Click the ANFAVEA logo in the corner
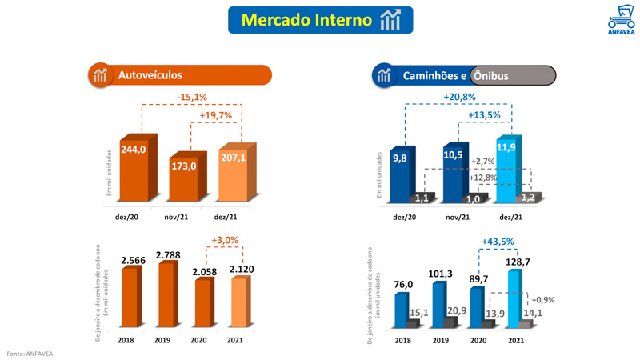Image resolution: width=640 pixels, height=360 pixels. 621,20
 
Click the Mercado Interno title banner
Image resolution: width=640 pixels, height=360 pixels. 320,20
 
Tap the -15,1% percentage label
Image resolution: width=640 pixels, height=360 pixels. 192,97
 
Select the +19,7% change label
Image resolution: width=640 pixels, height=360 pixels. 215,115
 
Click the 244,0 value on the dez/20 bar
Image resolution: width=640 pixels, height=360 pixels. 133,150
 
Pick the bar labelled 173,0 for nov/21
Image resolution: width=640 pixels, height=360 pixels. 183,180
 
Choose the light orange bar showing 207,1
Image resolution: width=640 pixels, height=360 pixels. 233,176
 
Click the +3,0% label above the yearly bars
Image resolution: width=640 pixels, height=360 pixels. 225,240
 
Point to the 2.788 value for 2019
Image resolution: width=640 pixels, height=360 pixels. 168,255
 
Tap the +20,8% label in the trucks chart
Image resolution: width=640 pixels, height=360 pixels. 459,97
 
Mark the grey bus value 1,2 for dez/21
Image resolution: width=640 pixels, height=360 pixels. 528,197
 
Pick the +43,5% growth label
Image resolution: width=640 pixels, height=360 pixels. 498,241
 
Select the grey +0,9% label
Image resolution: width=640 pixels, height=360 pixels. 542,300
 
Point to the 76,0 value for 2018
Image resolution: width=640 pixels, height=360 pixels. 403,284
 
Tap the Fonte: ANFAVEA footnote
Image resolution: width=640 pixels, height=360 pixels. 30,353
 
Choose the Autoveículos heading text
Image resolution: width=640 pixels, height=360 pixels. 150,75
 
